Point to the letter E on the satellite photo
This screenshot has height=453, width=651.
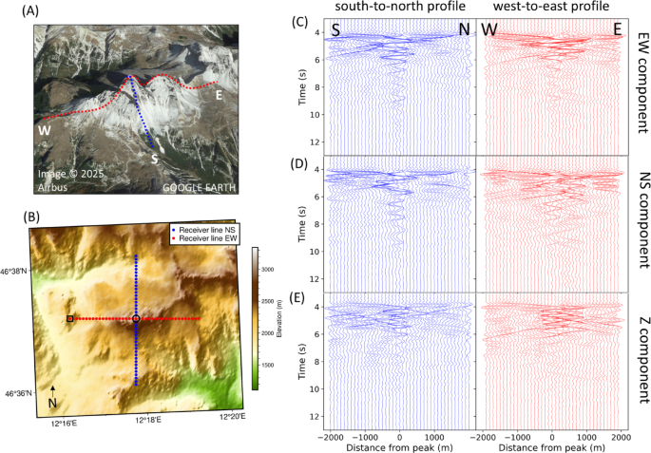coord(220,95)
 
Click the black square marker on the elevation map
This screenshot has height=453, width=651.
coord(70,319)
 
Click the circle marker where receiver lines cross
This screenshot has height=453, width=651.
coord(136,319)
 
